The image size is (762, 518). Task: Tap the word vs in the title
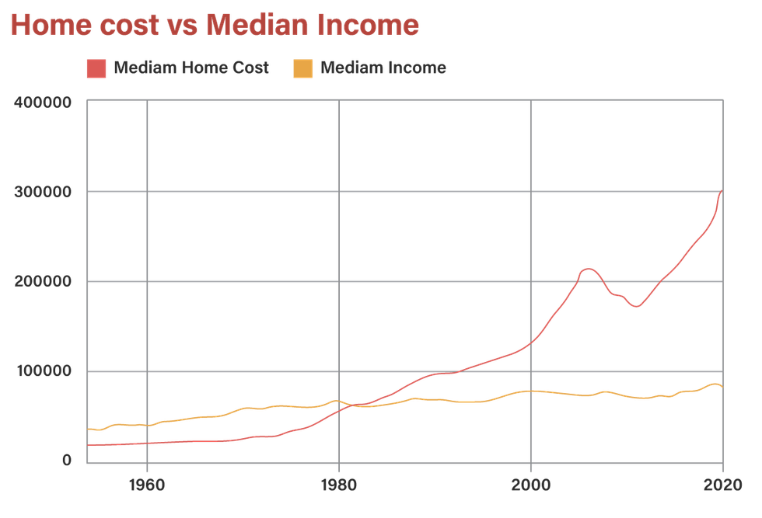pos(180,25)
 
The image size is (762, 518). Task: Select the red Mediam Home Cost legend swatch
pos(97,68)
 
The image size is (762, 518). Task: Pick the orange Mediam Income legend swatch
pos(303,68)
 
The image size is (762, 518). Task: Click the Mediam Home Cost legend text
pos(191,68)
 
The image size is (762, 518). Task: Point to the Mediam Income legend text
pos(383,68)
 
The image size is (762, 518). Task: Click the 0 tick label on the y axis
pos(67,461)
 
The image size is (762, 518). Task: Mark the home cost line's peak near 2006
pos(589,268)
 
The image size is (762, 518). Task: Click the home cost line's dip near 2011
pos(636,307)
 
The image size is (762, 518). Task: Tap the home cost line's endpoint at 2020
pos(722,191)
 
